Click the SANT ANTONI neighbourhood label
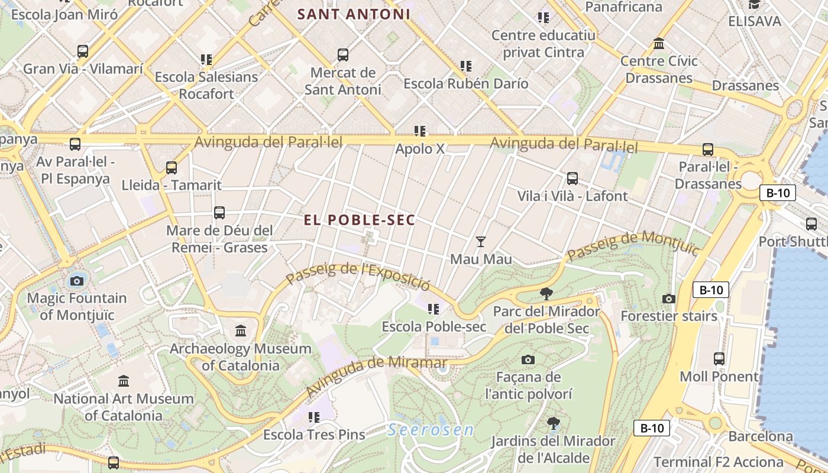(354, 14)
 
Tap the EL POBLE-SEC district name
(360, 220)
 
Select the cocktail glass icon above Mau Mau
(481, 241)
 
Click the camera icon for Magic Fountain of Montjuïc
(76, 281)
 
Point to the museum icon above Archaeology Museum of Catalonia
(240, 331)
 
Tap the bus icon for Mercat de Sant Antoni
(342, 55)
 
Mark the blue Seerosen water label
(431, 430)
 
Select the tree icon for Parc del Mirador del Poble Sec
(546, 293)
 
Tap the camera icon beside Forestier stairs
(669, 299)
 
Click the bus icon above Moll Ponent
(719, 358)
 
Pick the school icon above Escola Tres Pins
(314, 417)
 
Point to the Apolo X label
(420, 148)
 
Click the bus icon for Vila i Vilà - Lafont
(572, 178)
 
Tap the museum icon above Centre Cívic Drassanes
(659, 44)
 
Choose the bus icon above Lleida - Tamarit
(172, 167)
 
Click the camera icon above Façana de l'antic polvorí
(528, 359)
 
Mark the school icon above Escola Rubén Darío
(466, 66)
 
